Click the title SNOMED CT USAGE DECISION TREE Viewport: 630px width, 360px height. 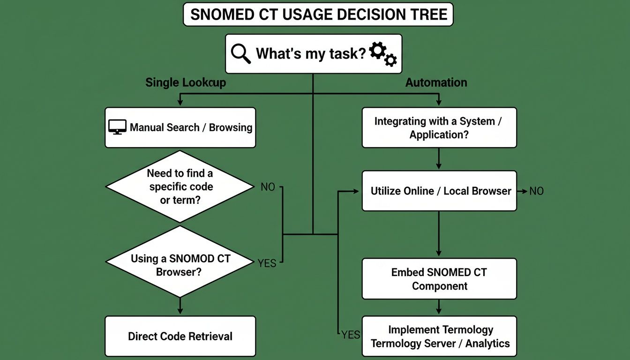coord(317,15)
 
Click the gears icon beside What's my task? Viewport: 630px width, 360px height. coord(383,53)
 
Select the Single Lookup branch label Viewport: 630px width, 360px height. coord(186,82)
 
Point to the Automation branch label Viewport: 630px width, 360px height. coord(436,82)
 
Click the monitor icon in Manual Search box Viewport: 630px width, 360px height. coord(117,127)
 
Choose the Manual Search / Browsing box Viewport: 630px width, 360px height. coord(180,127)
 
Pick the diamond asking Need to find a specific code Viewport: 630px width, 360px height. coord(180,187)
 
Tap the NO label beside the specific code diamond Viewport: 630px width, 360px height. coord(268,187)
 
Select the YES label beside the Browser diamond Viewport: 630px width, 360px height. coord(267,263)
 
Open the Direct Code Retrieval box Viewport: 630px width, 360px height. coord(180,336)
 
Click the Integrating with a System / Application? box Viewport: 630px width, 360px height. coord(439,127)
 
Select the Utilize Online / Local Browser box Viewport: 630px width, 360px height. coord(439,191)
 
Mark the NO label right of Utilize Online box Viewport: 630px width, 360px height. coord(536,191)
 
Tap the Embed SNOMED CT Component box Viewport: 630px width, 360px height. coord(439,279)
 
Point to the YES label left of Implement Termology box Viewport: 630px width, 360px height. coord(350,334)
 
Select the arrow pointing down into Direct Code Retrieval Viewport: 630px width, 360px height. coord(180,307)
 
